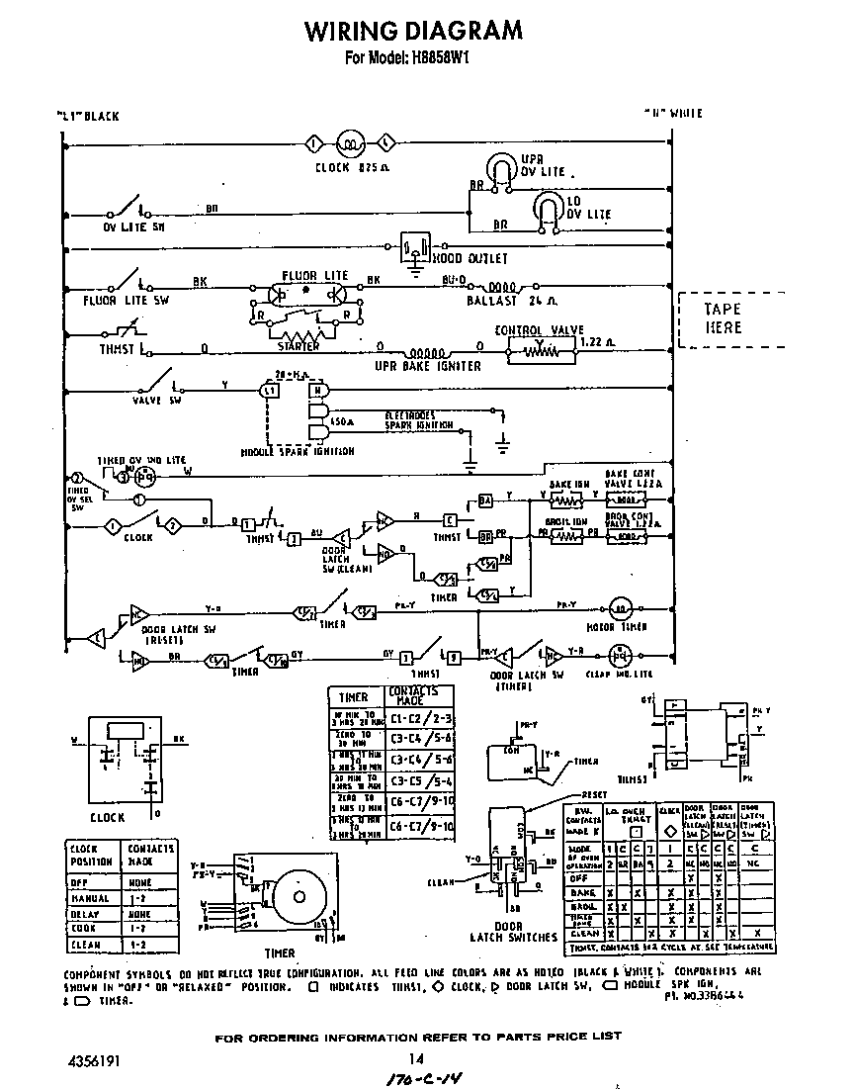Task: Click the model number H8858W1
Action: pyautogui.click(x=435, y=57)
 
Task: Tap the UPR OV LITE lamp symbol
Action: pyautogui.click(x=503, y=167)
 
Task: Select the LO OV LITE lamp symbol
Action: pyautogui.click(x=546, y=208)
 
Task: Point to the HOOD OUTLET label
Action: pyautogui.click(x=470, y=258)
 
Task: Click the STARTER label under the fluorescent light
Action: pyautogui.click(x=298, y=347)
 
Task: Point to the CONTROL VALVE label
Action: pyautogui.click(x=539, y=330)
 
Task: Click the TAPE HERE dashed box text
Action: pyautogui.click(x=723, y=318)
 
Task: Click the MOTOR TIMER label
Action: pyautogui.click(x=618, y=627)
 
